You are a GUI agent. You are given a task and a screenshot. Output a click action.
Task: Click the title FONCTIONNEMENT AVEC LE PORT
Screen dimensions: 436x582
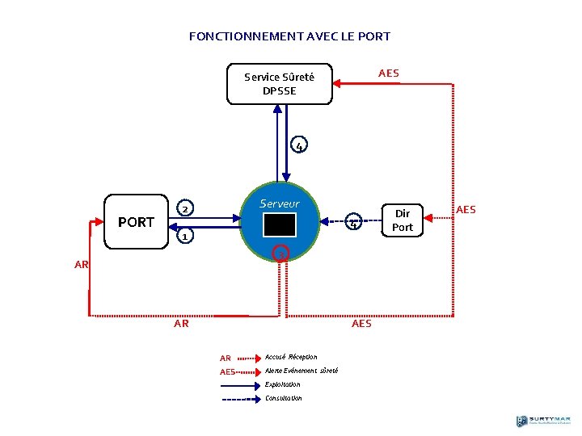point(289,36)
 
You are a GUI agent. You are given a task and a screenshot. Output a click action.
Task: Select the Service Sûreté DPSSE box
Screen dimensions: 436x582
point(279,84)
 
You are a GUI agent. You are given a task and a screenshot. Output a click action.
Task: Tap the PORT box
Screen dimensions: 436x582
point(136,222)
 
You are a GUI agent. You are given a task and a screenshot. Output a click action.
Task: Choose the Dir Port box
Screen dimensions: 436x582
point(402,220)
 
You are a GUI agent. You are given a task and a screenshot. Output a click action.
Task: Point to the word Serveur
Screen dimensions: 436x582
point(280,203)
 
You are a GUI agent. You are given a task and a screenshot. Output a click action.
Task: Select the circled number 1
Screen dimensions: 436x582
point(184,237)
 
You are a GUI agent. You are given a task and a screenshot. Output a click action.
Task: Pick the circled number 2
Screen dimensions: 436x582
point(184,209)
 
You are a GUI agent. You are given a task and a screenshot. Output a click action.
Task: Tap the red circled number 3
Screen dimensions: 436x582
point(280,254)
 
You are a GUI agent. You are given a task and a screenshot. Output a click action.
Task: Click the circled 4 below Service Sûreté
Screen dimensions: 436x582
point(299,146)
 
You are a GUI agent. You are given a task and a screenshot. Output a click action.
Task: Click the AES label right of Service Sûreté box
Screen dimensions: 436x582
point(389,73)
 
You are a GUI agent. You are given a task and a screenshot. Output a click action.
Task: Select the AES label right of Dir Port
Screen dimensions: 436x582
point(466,210)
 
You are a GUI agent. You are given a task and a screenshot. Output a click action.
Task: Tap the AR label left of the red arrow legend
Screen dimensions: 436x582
point(226,358)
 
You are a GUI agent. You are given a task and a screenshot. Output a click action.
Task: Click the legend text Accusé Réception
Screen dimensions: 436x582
point(291,357)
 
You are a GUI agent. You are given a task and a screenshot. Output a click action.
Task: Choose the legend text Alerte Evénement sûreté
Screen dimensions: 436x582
point(302,371)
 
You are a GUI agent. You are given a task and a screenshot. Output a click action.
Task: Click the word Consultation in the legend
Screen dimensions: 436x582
point(283,398)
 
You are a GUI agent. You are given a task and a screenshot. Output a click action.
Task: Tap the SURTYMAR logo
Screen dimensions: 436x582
point(543,421)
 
